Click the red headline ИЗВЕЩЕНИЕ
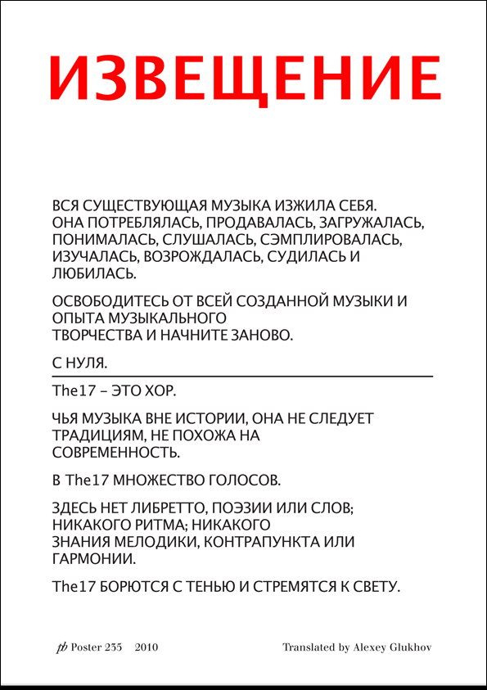point(244,78)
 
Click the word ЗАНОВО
point(262,336)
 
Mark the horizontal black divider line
point(242,375)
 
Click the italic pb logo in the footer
point(61,647)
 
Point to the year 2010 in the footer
point(147,647)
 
